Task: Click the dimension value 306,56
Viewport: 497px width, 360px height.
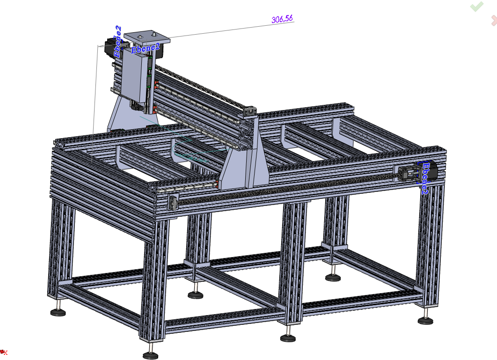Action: click(282, 19)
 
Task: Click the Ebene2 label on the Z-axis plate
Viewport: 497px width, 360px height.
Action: click(145, 49)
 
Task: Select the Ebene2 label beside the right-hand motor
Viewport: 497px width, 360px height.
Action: click(425, 178)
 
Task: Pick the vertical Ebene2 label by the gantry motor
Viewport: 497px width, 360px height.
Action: click(117, 42)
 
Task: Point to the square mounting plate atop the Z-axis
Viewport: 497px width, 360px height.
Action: click(147, 37)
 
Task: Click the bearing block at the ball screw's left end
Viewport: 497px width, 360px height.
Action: click(173, 202)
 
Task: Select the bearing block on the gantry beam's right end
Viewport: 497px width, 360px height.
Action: click(250, 111)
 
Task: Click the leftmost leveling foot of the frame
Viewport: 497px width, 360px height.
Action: click(58, 312)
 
